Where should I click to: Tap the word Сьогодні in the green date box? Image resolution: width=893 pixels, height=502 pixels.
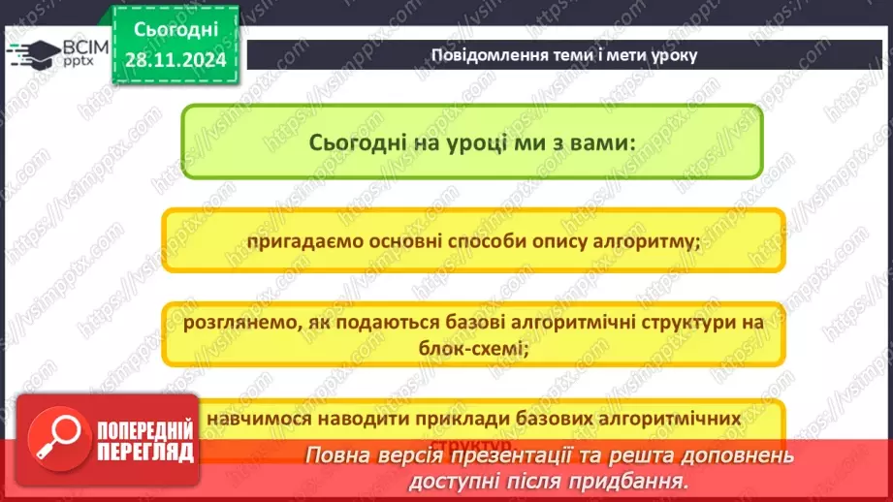(175, 30)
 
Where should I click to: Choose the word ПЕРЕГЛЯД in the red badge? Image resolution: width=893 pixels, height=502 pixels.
(132, 454)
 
